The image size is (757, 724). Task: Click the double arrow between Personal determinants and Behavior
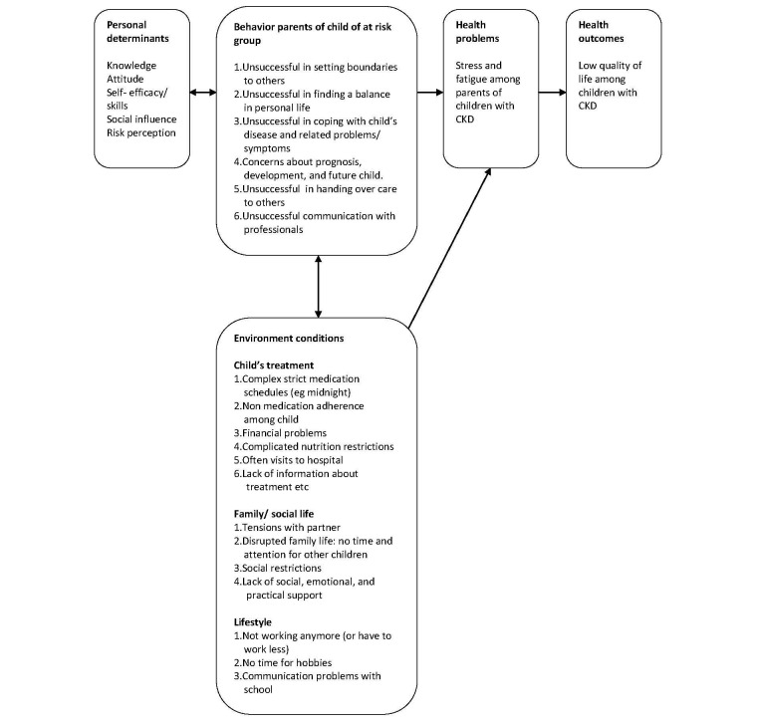pyautogui.click(x=203, y=93)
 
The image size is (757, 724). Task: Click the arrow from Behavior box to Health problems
pyautogui.click(x=429, y=93)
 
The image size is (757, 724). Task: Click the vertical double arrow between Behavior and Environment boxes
pyautogui.click(x=318, y=286)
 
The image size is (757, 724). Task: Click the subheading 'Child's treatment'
pyautogui.click(x=274, y=365)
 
